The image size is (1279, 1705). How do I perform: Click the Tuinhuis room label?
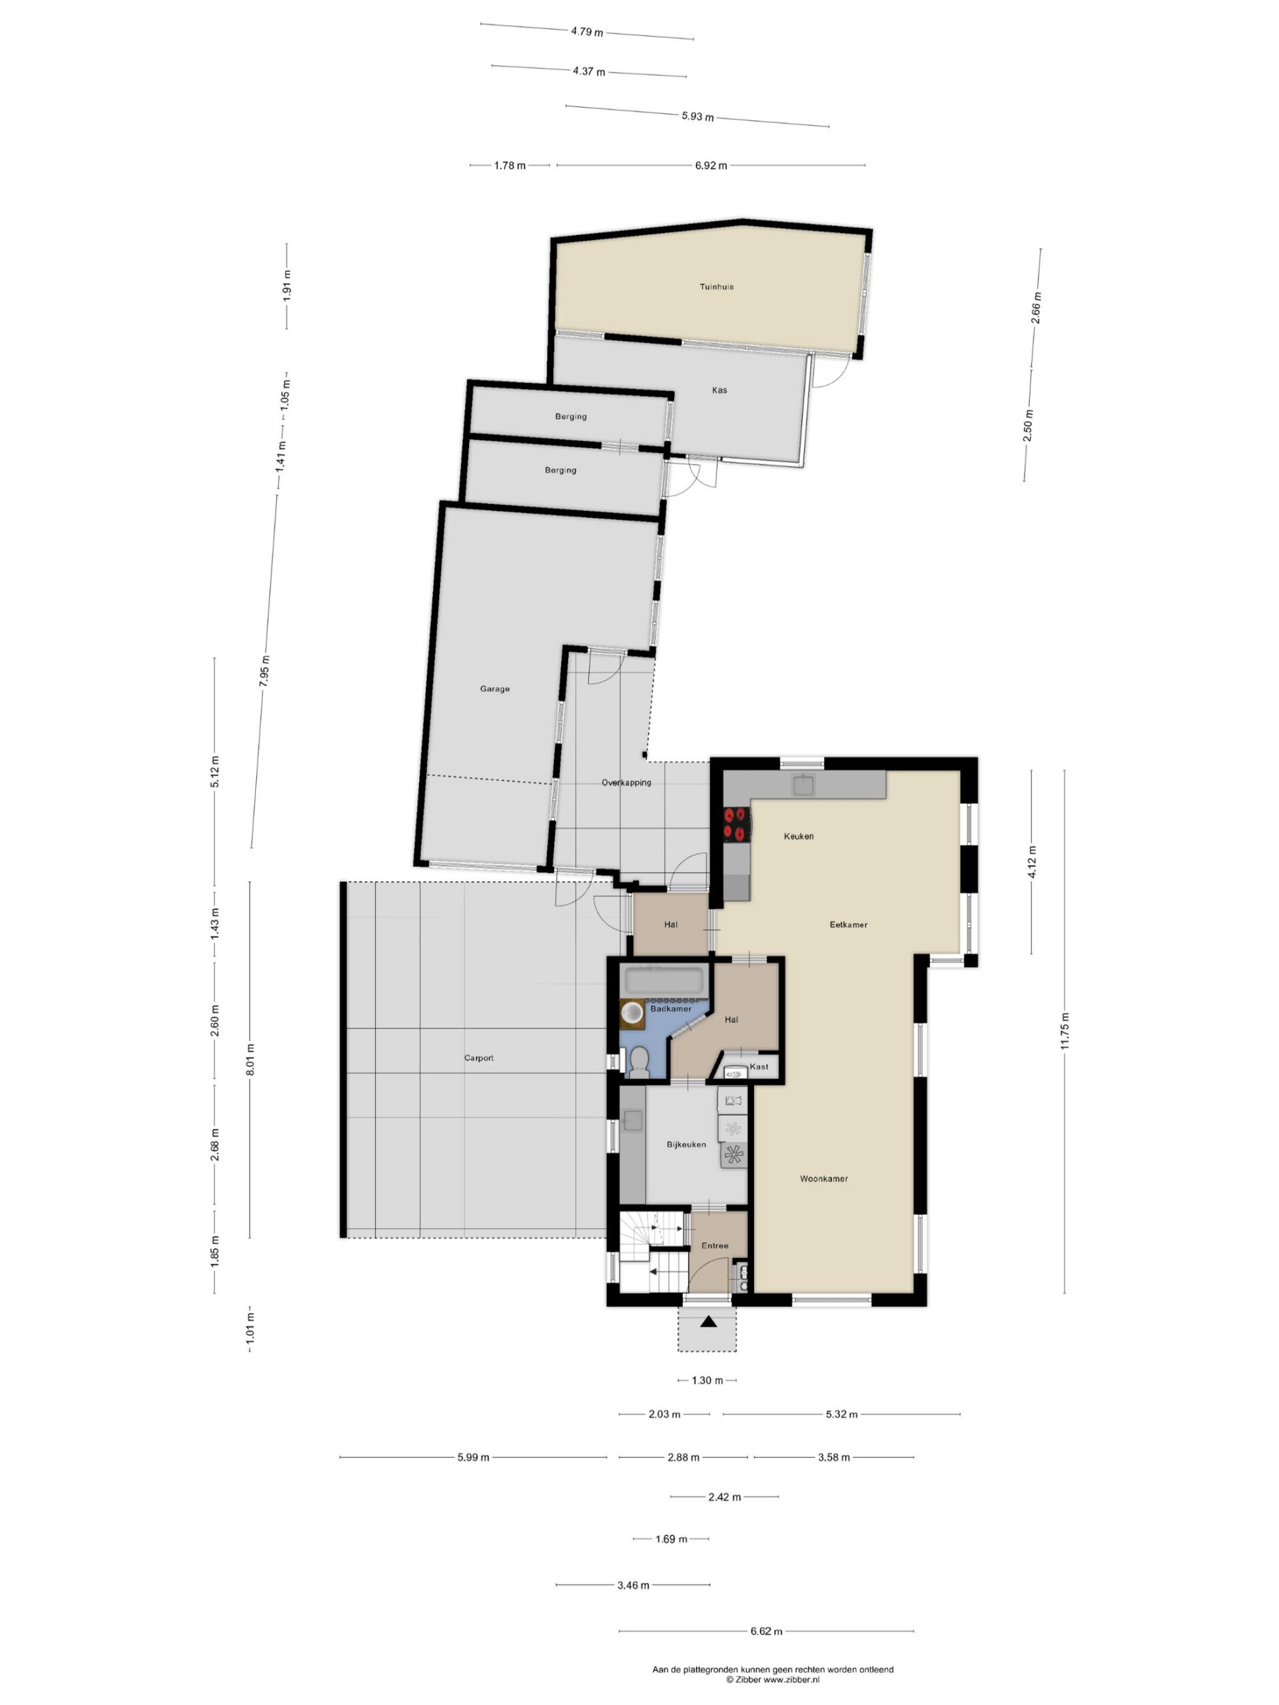coord(716,287)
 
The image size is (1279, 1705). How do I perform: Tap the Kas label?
coord(719,390)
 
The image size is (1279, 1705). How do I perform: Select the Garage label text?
coord(495,689)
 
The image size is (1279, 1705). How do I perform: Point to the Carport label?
coord(479,1058)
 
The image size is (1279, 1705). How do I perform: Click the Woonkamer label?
coord(823,1179)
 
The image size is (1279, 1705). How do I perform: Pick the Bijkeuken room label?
coord(686,1145)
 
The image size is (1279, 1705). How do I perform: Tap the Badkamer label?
coord(671,1009)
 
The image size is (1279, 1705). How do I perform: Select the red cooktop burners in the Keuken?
coord(735,823)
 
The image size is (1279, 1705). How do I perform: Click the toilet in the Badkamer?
coord(638,1062)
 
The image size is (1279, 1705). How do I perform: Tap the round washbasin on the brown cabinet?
coord(632,1011)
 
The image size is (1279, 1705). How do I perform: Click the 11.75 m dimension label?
coord(1065,1030)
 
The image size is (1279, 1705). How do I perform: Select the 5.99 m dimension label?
coord(474,1457)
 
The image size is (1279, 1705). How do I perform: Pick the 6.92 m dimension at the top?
coord(711,165)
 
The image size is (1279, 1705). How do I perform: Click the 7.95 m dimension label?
coord(264,671)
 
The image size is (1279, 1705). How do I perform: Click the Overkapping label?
coord(626,783)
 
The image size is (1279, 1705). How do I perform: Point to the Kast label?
coord(759,1067)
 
